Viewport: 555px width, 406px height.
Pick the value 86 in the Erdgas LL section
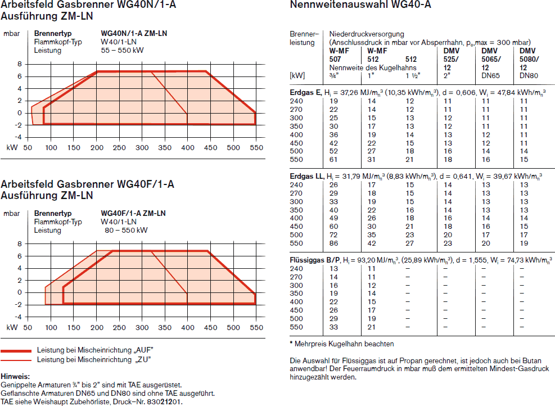[x=334, y=243]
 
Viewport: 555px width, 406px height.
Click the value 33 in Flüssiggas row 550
[x=334, y=327]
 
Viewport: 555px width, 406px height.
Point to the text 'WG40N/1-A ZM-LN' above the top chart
[x=134, y=33]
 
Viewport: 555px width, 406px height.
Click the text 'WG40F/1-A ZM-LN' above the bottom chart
[x=133, y=214]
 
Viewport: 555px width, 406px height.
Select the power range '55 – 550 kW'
[x=122, y=50]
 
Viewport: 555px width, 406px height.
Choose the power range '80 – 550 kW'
[x=126, y=230]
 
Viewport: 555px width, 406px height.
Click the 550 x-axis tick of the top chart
[x=256, y=148]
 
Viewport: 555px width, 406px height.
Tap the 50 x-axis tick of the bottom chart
[x=29, y=327]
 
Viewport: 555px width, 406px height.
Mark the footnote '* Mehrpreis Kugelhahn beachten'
[x=342, y=344]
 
